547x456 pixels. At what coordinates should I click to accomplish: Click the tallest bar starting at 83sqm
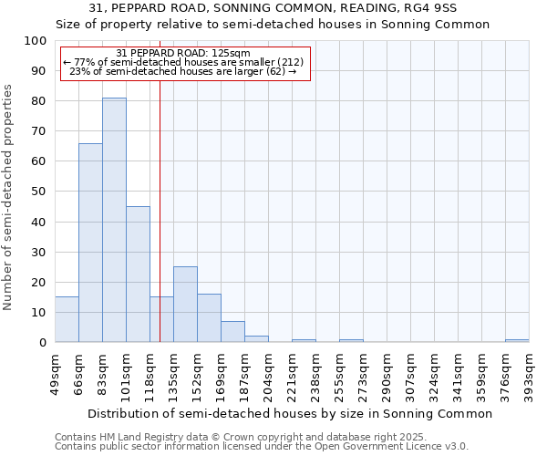tap(114, 220)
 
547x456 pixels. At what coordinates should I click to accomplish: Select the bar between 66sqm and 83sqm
tap(90, 243)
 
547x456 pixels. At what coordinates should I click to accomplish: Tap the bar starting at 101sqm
tap(138, 274)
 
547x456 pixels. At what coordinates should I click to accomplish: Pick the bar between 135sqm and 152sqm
tap(185, 304)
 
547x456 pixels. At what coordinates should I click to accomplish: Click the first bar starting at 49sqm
tap(67, 319)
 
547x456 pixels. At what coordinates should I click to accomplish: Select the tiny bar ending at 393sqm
tap(517, 340)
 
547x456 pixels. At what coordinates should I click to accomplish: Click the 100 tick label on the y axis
tap(36, 41)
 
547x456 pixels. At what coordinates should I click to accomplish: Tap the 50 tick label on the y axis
tap(39, 192)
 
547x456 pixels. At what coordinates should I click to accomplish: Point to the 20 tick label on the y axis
tap(39, 282)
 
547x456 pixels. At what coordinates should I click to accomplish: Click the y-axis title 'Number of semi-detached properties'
tap(9, 197)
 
